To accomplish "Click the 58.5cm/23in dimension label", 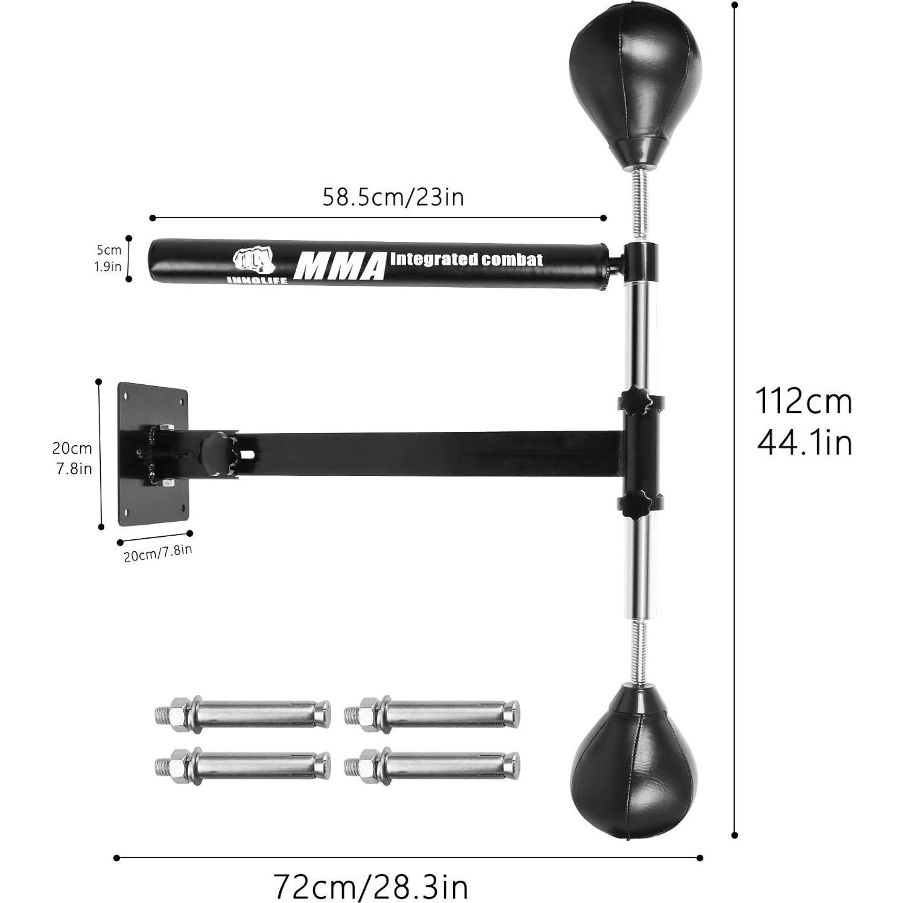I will click(393, 197).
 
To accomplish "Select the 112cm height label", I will click(803, 401).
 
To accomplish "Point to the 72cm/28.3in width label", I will click(371, 886).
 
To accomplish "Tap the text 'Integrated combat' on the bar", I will click(466, 260).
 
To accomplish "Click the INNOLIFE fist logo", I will click(253, 261).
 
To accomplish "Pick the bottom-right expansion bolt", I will click(432, 765).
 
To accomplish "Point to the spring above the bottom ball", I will click(639, 654).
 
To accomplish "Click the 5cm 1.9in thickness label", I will click(109, 258).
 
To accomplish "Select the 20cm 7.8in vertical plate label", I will click(73, 458).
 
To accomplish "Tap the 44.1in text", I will click(803, 443).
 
